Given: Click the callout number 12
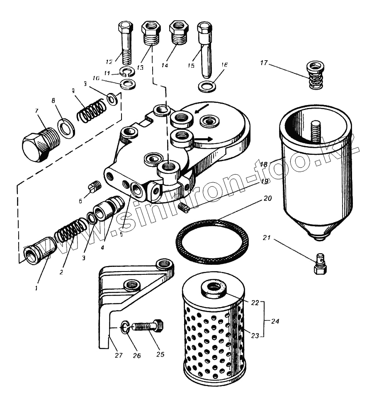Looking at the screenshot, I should (x=109, y=62).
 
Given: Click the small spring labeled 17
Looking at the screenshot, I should (x=316, y=75).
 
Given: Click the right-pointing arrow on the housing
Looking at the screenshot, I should (x=204, y=139).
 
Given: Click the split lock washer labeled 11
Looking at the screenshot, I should (x=127, y=72).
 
